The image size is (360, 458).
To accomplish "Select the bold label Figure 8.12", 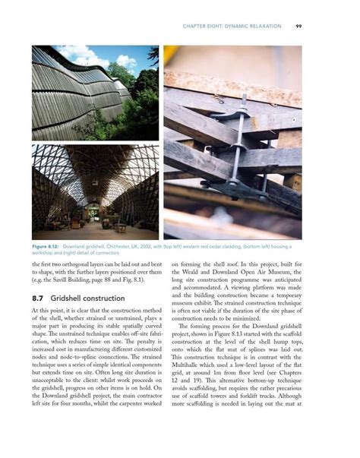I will coord(47,247).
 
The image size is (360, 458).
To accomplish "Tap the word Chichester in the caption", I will coord(121,247).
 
